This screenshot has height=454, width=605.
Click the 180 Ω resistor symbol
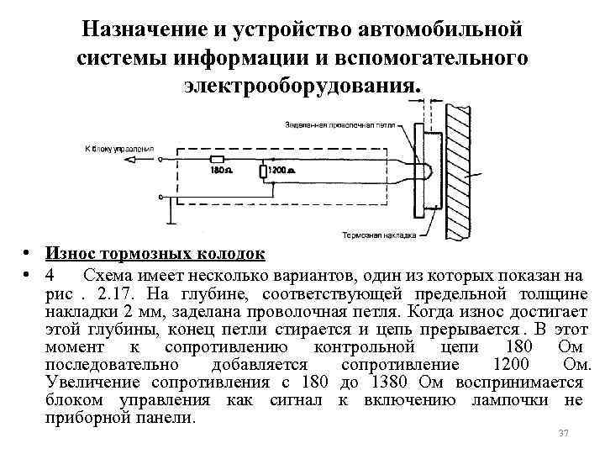tap(217, 158)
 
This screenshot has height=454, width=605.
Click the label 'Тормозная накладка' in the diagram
tap(379, 235)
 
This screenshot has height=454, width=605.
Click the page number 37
tap(564, 433)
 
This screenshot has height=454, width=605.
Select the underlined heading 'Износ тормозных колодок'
tap(155, 254)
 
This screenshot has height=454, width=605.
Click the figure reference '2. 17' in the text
tap(118, 293)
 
